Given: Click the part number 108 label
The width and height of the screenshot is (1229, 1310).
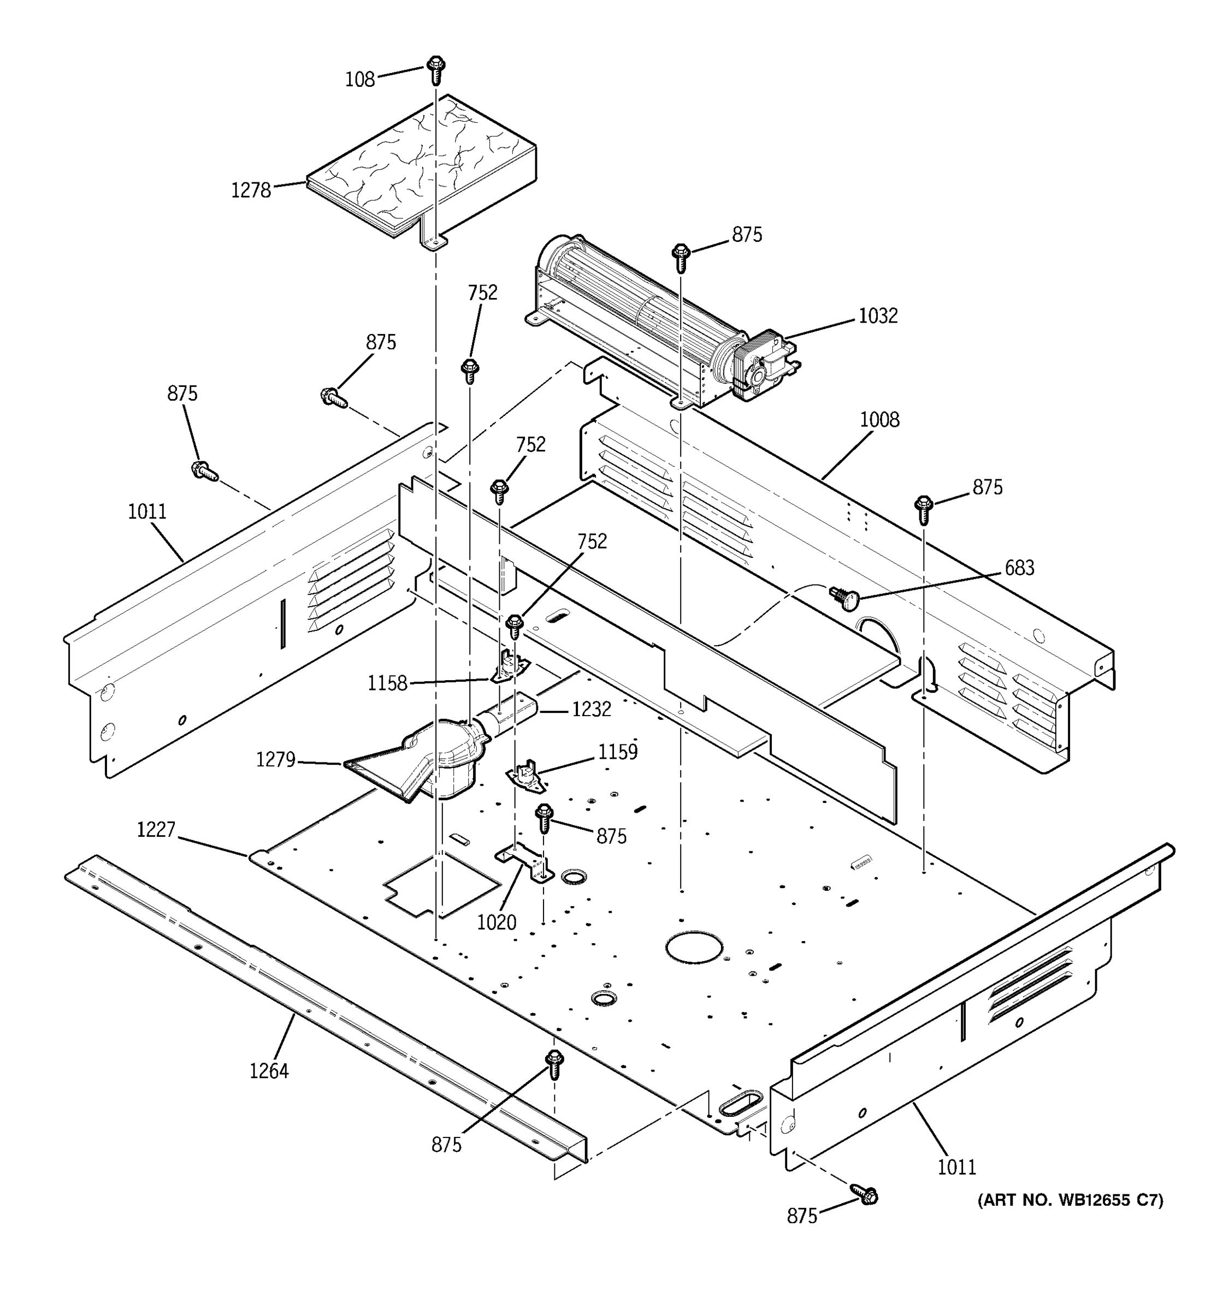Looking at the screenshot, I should pyautogui.click(x=359, y=80).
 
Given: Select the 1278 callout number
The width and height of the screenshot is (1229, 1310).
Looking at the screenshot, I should pyautogui.click(x=251, y=190).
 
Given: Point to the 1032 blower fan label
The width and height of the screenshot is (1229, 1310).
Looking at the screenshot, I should pyautogui.click(x=878, y=316).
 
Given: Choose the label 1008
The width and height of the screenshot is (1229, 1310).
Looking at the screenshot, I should pyautogui.click(x=879, y=420).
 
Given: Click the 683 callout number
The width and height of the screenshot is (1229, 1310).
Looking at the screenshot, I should pyautogui.click(x=1019, y=568).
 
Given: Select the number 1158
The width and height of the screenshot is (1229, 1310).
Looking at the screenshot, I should pyautogui.click(x=387, y=683).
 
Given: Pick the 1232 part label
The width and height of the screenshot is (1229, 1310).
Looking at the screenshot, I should pyautogui.click(x=591, y=710).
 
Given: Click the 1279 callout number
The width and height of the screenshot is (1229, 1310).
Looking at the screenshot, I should pyautogui.click(x=276, y=760).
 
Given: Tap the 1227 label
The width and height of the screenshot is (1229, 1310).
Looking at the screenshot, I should pyautogui.click(x=156, y=830).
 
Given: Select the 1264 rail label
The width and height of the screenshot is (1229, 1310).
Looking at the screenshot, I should pyautogui.click(x=268, y=1071).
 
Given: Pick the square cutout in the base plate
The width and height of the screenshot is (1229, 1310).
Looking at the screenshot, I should pyautogui.click(x=442, y=884).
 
